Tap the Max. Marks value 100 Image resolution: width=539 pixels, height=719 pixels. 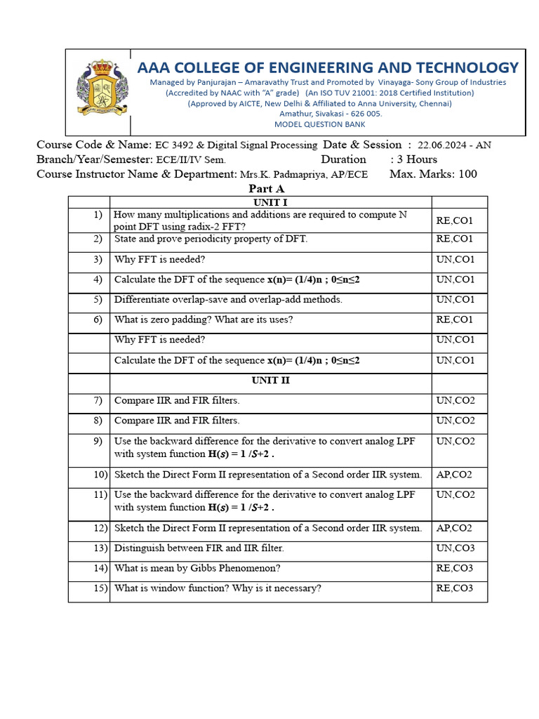pos(467,173)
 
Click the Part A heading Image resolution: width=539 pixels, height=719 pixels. pos(266,189)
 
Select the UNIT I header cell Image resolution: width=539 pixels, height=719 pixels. pos(270,202)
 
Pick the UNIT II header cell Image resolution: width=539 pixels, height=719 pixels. pos(270,381)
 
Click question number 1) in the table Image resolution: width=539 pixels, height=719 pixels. pos(98,215)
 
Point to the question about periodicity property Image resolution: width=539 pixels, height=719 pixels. pos(211,239)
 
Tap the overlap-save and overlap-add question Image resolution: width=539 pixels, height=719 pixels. pos(228,299)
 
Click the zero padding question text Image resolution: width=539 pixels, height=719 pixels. pos(203,319)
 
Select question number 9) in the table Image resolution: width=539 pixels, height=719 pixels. pos(98,441)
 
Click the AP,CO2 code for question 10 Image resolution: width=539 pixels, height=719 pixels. pos(454,475)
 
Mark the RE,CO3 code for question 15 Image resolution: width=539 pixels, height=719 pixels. pos(454,588)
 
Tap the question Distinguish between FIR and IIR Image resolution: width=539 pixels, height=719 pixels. pos(199,548)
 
